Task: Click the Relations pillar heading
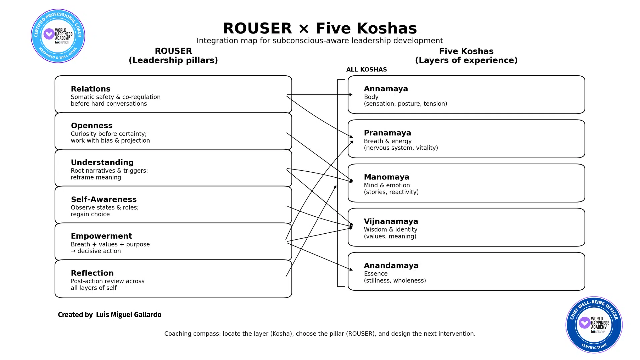click(90, 89)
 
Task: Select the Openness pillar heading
click(92, 126)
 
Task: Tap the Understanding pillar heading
click(102, 162)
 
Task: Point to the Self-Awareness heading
click(104, 199)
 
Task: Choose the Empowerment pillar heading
click(101, 236)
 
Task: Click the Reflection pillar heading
click(92, 273)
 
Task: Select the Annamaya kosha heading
click(386, 89)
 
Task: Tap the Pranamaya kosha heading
click(387, 133)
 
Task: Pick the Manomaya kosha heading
click(386, 177)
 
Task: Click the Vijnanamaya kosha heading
click(391, 221)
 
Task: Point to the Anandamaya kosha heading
click(391, 266)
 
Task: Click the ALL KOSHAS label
click(366, 70)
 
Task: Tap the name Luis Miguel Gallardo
click(129, 315)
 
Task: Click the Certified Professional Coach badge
click(58, 36)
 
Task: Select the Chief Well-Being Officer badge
click(594, 325)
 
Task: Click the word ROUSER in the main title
click(257, 28)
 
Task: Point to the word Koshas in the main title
click(387, 28)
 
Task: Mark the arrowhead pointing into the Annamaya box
click(351, 95)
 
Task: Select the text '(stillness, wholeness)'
click(395, 281)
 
